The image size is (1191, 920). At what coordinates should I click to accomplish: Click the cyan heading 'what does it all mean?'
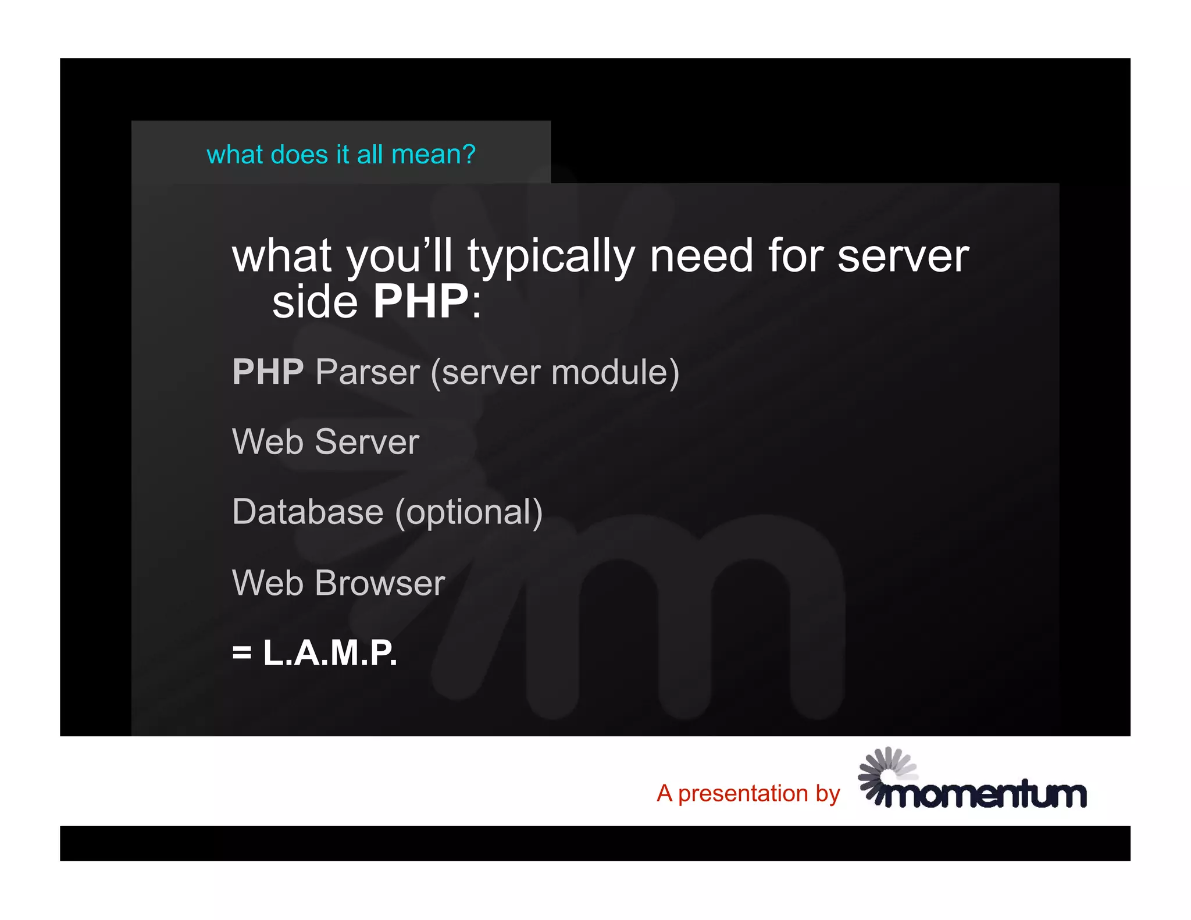point(341,155)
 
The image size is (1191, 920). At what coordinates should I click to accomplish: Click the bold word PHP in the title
point(420,302)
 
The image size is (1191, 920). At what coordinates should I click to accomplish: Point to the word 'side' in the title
point(315,302)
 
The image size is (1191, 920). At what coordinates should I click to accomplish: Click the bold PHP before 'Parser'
point(268,372)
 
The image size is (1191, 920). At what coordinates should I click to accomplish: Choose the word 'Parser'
point(368,372)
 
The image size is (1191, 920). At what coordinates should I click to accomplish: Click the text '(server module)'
point(555,373)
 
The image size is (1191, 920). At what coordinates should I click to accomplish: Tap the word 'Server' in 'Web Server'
point(367,442)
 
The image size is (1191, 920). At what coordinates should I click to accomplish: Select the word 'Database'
point(308,512)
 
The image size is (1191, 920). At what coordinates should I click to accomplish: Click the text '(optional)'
point(469,513)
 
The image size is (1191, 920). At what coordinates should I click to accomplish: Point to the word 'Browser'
point(380,583)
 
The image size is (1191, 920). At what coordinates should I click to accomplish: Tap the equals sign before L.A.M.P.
point(242,653)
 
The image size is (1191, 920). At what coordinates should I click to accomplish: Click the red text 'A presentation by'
point(748,794)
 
